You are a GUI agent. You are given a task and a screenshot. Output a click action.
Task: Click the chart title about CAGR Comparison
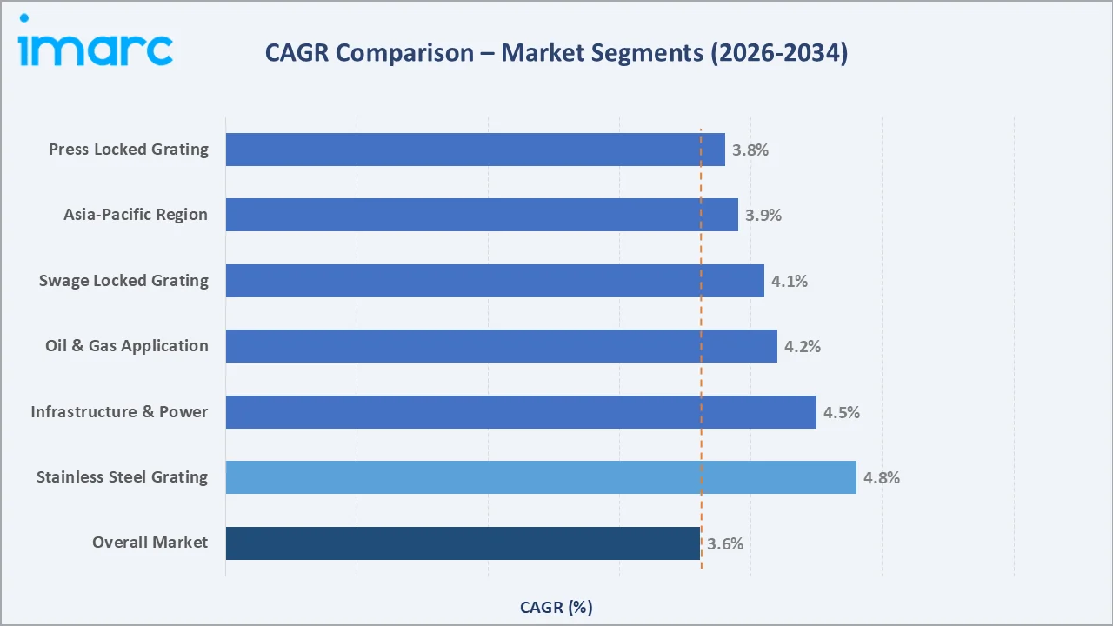(556, 53)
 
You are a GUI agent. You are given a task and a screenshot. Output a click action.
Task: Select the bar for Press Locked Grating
(475, 150)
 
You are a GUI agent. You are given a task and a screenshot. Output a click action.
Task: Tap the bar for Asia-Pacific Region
(482, 215)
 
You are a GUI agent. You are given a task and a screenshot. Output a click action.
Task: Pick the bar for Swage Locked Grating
(495, 281)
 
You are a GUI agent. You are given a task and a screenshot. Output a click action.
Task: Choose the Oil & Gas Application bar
(501, 346)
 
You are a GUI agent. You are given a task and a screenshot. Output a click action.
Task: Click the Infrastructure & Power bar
(521, 412)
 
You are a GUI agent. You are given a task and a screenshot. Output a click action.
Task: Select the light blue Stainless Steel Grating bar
(541, 477)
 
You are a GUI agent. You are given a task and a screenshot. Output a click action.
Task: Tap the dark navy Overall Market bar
(463, 543)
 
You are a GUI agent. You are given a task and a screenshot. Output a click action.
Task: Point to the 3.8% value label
(750, 150)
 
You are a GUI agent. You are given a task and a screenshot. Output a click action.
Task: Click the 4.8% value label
(881, 477)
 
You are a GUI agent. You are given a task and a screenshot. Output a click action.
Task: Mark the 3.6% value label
(724, 544)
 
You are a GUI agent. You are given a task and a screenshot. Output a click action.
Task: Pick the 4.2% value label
(802, 346)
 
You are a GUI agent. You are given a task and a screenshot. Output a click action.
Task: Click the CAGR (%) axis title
(556, 607)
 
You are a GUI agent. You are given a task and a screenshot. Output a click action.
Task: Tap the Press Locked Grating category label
(129, 150)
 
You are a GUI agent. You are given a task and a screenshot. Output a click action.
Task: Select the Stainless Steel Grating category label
(122, 477)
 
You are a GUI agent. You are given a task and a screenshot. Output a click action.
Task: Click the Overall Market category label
(150, 543)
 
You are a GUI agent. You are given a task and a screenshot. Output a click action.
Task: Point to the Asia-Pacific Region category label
(136, 215)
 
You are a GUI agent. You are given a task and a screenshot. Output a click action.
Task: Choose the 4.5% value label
(841, 412)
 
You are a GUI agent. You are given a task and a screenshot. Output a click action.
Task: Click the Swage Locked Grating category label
(123, 281)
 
